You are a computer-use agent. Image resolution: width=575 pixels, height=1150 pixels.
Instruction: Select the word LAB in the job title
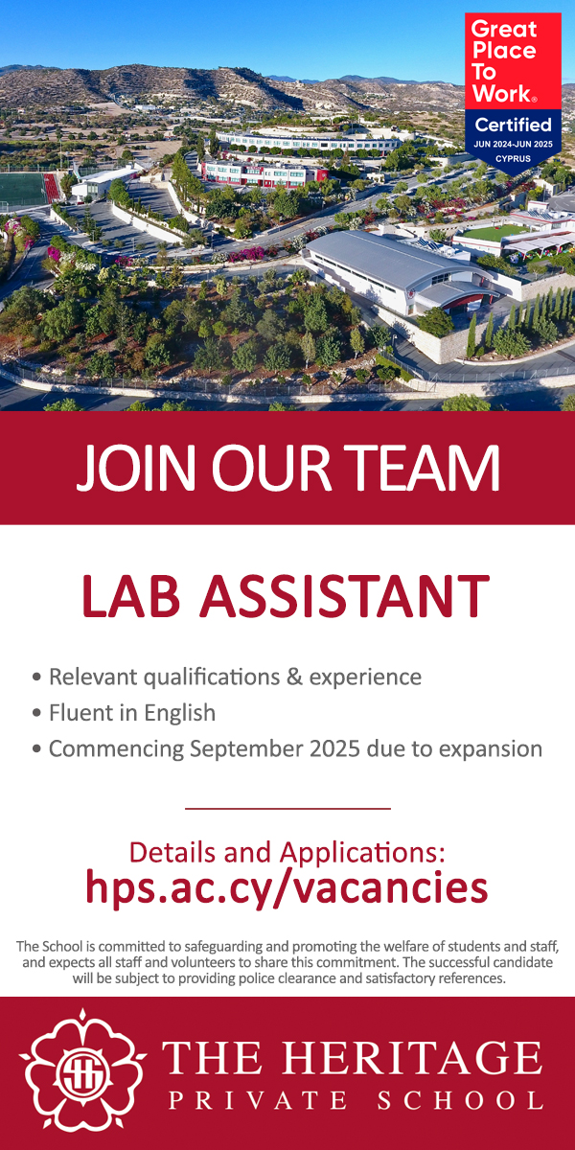pos(131,596)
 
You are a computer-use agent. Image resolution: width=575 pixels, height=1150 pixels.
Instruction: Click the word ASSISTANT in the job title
pos(344,596)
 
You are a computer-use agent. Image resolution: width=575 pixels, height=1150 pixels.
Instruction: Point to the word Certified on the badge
pos(513,125)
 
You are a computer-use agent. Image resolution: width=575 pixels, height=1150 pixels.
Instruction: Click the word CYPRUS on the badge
pos(513,159)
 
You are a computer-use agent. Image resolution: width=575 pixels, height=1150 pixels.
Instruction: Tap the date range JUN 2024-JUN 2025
pos(513,145)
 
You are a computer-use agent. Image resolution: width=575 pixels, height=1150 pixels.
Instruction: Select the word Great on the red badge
pos(504,29)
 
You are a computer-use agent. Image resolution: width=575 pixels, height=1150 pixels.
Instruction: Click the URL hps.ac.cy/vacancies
pos(287,887)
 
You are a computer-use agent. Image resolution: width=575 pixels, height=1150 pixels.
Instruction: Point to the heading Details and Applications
pos(287,852)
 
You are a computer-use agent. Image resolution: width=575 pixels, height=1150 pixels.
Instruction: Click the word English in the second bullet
pos(180,713)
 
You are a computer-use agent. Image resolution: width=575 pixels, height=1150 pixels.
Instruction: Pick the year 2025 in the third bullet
pos(334,748)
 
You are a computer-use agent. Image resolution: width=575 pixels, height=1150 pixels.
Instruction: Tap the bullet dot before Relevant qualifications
pos(36,677)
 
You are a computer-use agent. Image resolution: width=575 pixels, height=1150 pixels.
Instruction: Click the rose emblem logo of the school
pos(82,1073)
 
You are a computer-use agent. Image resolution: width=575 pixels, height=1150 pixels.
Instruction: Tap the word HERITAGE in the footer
pos(412,1059)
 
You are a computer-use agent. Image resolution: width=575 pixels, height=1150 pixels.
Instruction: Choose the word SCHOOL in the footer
pos(460,1101)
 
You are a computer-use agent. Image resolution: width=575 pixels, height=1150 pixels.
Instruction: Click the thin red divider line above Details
pos(287,809)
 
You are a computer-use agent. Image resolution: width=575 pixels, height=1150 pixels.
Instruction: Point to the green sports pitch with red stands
pos(28,189)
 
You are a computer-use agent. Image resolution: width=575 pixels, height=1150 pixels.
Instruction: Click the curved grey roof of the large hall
pos(390,262)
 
